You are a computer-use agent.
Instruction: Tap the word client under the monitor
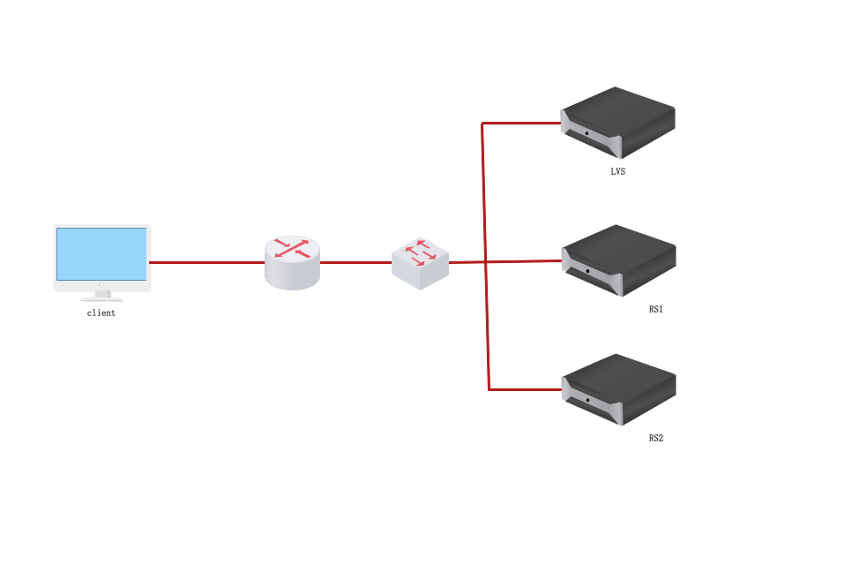coord(101,313)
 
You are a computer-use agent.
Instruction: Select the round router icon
coord(292,263)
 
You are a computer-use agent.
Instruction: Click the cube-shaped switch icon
coord(420,263)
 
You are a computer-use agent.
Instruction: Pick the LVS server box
coord(618,123)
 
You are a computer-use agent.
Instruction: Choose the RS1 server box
coord(619,260)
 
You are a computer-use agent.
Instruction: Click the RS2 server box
coord(619,388)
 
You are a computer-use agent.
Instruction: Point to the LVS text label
coord(617,172)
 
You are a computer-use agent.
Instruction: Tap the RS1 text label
coord(655,310)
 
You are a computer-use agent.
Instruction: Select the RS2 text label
coord(655,438)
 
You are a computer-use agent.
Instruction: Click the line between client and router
coord(207,262)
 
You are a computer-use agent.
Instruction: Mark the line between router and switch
coord(355,262)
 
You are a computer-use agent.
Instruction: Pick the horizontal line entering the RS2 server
coord(526,388)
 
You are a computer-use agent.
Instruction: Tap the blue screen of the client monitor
coord(101,253)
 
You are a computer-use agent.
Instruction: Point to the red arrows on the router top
coord(292,248)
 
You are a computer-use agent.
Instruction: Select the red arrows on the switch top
coord(421,252)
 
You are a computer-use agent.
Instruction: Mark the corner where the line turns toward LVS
coord(482,124)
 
